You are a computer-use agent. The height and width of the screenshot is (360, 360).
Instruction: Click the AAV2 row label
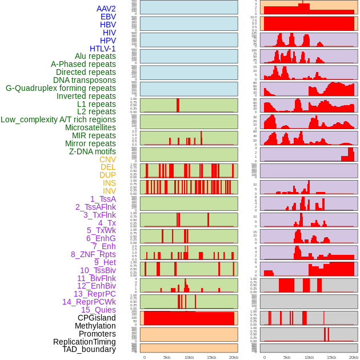click(x=106, y=9)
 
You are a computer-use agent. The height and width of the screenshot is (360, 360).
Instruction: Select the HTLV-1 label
click(x=103, y=49)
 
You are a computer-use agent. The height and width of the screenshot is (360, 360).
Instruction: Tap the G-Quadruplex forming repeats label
click(x=61, y=89)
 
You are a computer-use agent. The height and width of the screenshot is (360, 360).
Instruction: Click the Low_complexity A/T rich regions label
click(x=58, y=120)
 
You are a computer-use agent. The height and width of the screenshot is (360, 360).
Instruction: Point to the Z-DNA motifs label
click(x=93, y=152)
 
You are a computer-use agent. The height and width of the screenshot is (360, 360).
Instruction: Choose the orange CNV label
click(x=107, y=160)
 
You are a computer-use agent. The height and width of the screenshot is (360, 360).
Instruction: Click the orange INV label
click(x=109, y=191)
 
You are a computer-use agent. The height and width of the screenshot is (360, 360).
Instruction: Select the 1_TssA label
click(x=103, y=199)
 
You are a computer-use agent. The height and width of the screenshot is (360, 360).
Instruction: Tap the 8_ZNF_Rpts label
click(x=93, y=255)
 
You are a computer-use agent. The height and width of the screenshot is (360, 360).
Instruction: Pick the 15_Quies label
click(x=98, y=310)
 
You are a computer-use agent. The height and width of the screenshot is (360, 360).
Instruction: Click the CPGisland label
click(x=97, y=318)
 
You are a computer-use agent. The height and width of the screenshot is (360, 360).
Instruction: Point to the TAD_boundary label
click(x=89, y=349)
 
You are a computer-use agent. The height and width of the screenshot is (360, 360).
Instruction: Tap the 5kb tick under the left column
click(x=167, y=357)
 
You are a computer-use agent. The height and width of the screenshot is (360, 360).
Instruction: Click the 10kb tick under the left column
click(x=189, y=357)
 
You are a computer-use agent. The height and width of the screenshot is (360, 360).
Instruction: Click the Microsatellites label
click(x=90, y=128)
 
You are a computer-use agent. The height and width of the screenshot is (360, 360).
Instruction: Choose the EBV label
click(x=108, y=17)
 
